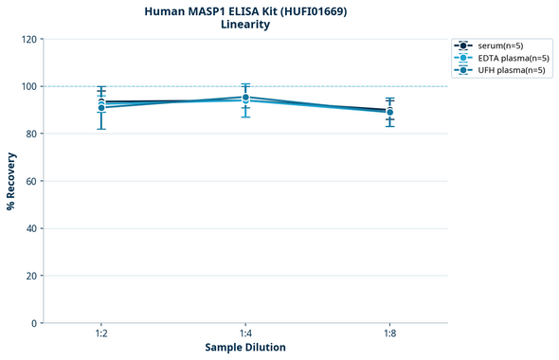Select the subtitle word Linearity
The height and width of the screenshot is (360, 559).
[244, 25]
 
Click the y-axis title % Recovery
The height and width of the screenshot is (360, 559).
[11, 181]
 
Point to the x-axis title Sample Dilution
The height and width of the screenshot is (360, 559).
[245, 348]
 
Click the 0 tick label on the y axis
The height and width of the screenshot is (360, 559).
[34, 323]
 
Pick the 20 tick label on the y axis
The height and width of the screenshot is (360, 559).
[31, 276]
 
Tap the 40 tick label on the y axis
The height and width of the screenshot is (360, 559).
[31, 228]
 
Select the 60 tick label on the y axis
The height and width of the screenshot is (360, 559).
[31, 181]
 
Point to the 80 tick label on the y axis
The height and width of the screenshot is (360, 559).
[31, 134]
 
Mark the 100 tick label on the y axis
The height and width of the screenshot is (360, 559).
[28, 86]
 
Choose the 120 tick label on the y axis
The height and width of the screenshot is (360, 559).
[28, 40]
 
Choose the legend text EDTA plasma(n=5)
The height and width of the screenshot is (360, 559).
[514, 58]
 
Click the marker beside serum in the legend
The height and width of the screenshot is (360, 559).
[463, 45]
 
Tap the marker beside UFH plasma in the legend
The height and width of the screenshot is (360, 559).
[463, 70]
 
